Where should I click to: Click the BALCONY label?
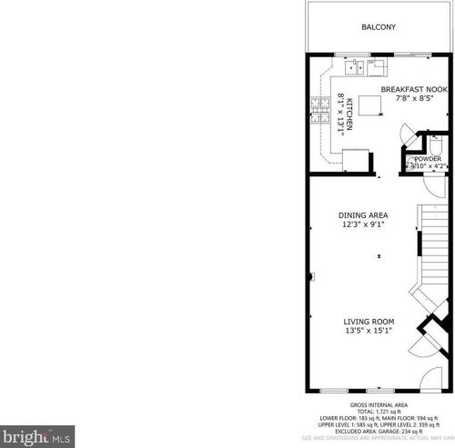point(378,28)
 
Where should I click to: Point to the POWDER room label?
point(427,159)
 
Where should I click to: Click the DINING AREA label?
point(364,214)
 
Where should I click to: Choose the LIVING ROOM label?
point(368,322)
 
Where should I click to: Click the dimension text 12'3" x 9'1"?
point(364,224)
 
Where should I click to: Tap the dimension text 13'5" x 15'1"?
point(368,332)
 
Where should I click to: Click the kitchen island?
point(370,105)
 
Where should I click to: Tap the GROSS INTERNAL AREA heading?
point(378,404)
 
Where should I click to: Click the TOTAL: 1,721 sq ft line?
point(378,412)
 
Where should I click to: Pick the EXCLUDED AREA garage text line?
point(378,431)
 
